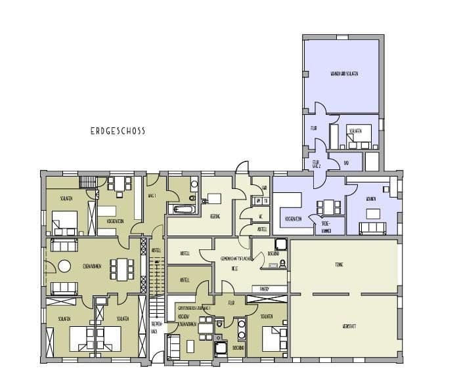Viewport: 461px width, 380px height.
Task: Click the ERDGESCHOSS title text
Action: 118,131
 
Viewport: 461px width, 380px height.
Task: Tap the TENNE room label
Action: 339,264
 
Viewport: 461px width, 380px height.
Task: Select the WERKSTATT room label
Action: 340,326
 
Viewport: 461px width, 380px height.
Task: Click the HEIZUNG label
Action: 214,216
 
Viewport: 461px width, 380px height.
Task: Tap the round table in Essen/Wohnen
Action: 64,266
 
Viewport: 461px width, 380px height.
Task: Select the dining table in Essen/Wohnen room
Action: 121,268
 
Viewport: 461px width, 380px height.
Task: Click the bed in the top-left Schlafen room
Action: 66,222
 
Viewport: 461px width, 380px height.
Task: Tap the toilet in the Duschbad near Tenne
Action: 282,263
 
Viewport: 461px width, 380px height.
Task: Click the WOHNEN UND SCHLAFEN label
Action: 343,74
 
